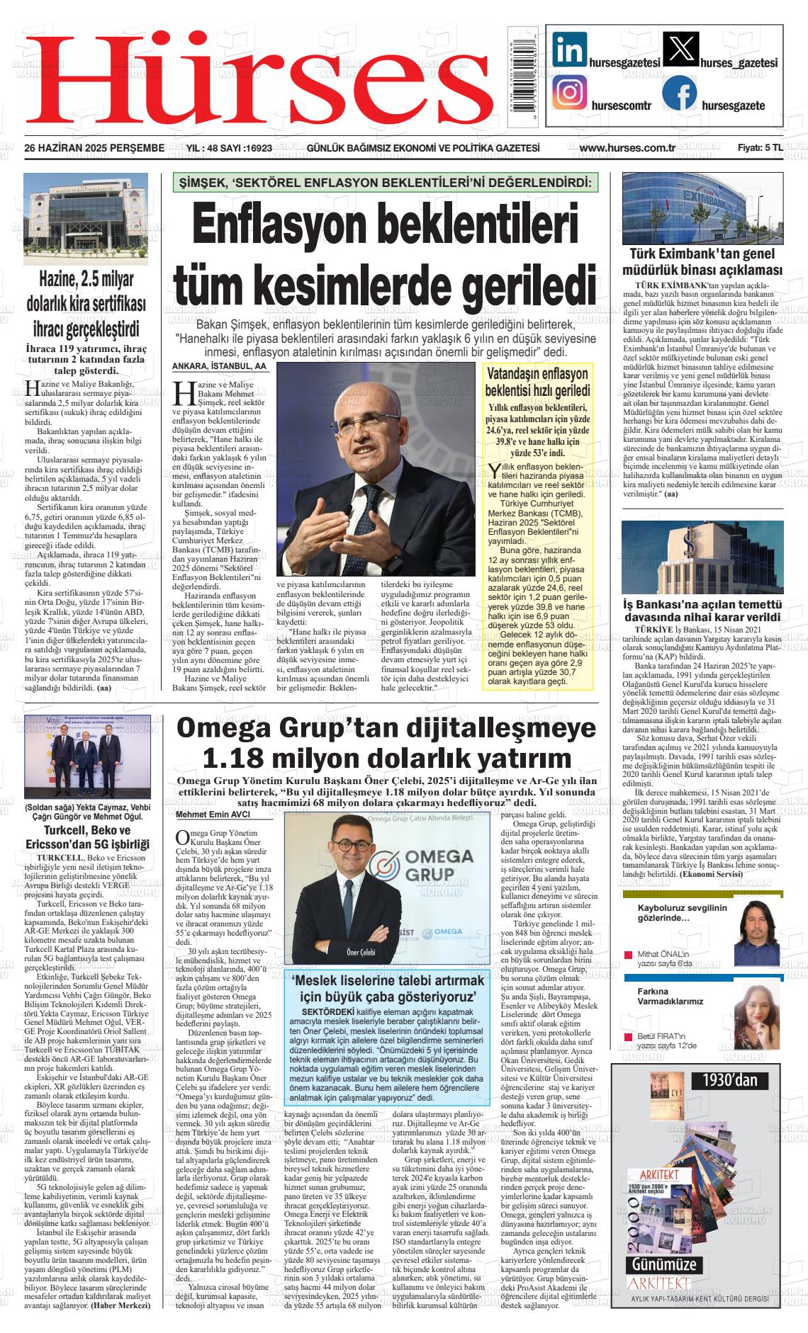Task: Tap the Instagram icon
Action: (x=570, y=93)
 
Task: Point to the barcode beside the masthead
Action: (x=524, y=74)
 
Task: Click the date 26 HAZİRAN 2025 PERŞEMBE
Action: (x=94, y=148)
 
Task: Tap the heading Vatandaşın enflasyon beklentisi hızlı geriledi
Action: (x=537, y=382)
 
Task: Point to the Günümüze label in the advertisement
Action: (x=664, y=1265)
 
